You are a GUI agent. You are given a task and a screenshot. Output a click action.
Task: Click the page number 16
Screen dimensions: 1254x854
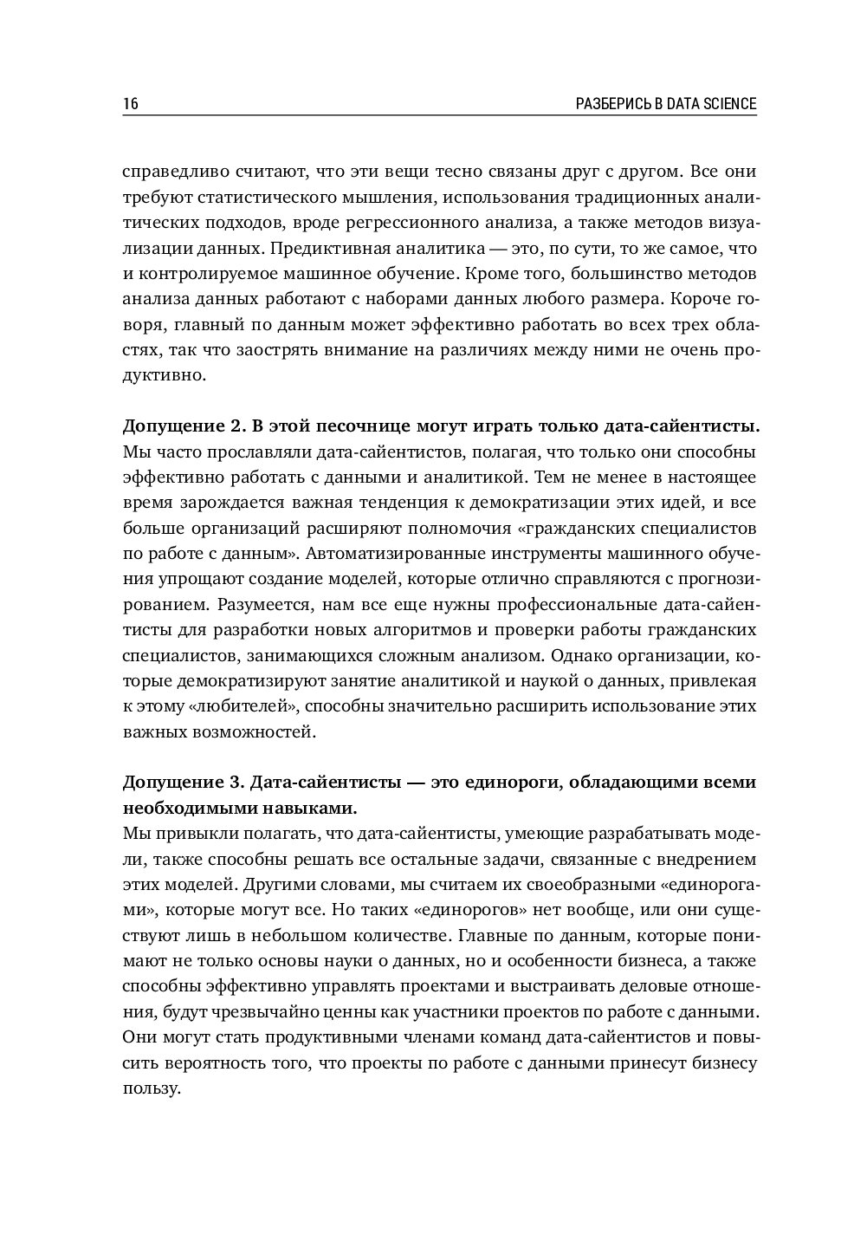coord(130,104)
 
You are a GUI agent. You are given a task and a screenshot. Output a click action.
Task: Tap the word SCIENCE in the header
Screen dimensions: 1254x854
coord(728,104)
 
